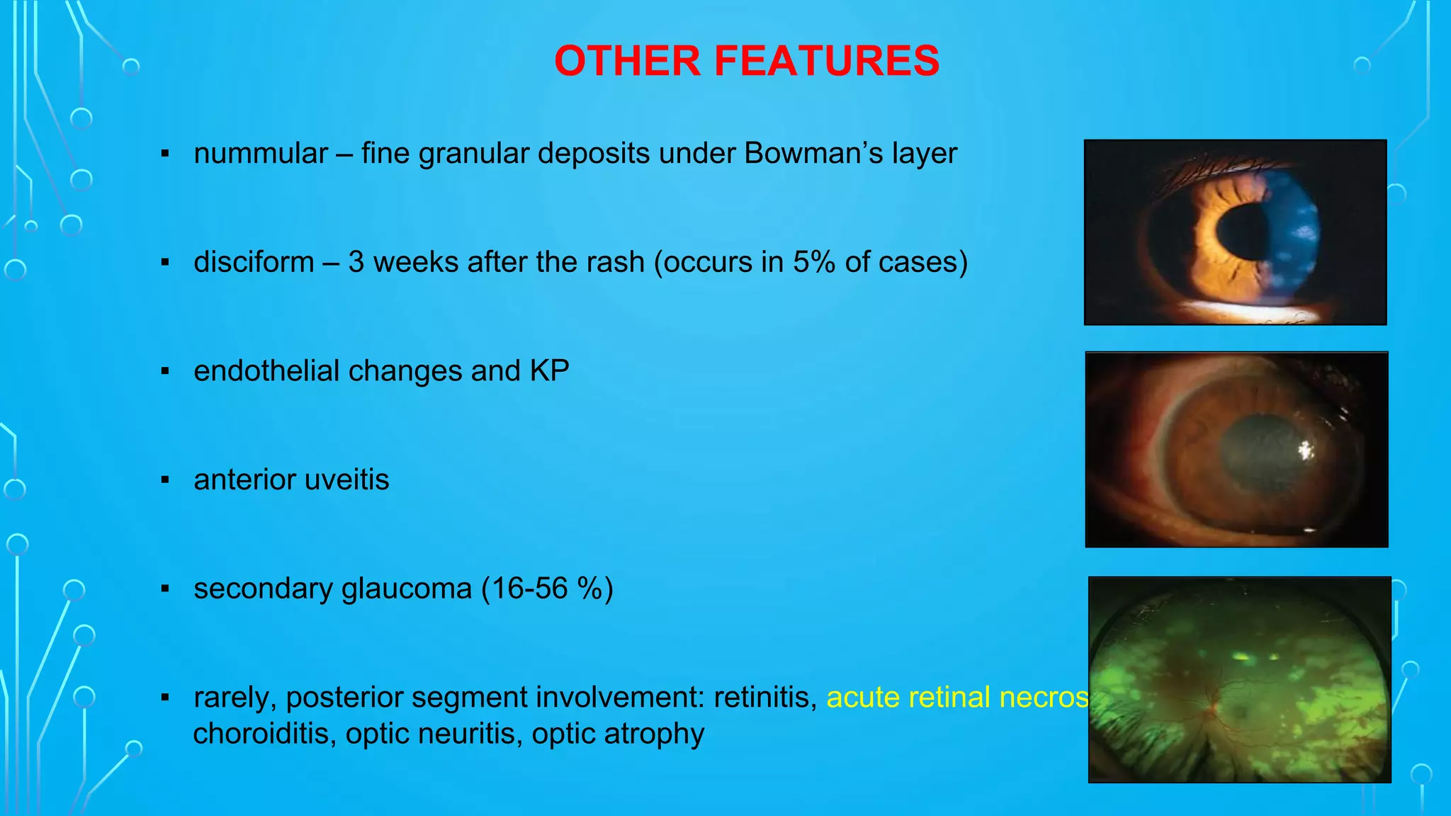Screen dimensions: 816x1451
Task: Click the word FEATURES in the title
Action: (826, 61)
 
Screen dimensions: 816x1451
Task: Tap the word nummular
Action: (261, 154)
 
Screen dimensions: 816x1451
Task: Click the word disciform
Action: (254, 263)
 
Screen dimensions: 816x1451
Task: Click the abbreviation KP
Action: (549, 371)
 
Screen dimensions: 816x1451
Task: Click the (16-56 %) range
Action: (547, 589)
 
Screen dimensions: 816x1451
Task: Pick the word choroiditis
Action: (264, 734)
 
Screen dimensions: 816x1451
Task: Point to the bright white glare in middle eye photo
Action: (1304, 450)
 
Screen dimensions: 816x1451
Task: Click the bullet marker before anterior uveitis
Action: (165, 480)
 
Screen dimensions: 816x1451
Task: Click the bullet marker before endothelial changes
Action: (165, 371)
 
